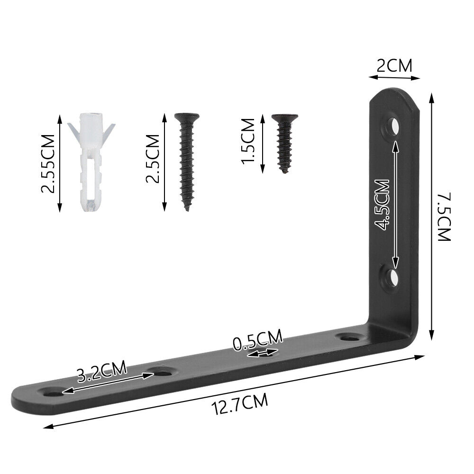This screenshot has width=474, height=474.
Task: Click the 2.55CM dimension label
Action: [48, 164]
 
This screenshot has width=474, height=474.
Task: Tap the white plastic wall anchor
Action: [91, 162]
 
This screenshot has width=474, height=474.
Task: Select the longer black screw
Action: [187, 162]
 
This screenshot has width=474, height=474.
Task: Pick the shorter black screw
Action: [284, 143]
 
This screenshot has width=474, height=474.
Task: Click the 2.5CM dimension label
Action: [153, 158]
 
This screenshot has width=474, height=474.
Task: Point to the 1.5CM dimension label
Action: [248, 141]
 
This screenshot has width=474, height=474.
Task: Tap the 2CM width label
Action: [394, 66]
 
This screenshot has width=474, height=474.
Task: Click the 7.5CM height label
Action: [445, 217]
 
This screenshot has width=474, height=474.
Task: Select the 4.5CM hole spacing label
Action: [382, 205]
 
